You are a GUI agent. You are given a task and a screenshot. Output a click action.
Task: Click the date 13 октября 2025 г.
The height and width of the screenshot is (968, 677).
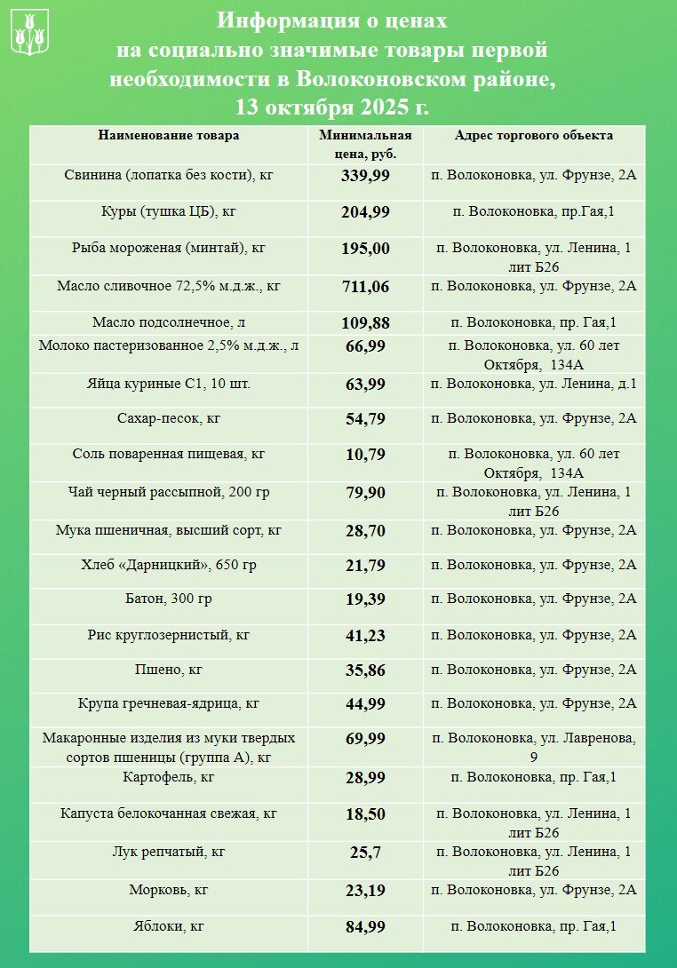(332, 107)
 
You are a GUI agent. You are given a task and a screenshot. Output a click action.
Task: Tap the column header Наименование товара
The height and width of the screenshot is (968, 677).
(169, 136)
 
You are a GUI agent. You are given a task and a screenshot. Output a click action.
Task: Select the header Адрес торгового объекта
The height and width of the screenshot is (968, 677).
(533, 136)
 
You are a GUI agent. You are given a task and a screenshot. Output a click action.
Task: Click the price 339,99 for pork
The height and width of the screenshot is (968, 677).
(365, 175)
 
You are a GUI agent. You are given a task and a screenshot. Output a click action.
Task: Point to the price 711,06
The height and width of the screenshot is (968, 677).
(365, 286)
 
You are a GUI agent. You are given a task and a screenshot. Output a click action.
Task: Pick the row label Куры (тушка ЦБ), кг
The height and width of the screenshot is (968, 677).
(169, 211)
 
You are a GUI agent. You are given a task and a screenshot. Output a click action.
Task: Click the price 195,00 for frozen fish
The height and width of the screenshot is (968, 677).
(365, 249)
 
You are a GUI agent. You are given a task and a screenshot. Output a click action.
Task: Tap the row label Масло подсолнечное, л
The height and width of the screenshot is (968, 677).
(169, 322)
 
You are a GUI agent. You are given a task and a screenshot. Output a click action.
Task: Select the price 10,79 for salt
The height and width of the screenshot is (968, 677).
(365, 455)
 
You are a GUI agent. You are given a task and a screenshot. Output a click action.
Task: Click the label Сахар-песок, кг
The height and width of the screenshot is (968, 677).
(169, 417)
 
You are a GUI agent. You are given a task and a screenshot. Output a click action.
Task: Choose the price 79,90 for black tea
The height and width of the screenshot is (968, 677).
(365, 492)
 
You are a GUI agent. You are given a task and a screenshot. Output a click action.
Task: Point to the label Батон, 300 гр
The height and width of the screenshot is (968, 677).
(169, 599)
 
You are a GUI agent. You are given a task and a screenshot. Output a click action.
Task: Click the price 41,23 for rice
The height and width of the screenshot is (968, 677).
(365, 635)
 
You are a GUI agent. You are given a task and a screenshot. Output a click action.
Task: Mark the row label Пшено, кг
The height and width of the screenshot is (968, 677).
(169, 670)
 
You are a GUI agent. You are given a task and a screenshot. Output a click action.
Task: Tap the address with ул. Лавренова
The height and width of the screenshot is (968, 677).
(533, 746)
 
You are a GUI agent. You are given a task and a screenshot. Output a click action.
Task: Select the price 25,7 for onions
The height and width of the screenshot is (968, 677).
(365, 853)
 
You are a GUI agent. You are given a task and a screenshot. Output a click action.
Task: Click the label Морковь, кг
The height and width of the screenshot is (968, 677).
(169, 889)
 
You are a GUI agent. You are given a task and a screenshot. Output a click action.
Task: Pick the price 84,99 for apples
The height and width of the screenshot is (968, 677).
(365, 927)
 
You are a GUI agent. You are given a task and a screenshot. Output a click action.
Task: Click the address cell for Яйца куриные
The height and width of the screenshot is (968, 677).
(533, 384)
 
